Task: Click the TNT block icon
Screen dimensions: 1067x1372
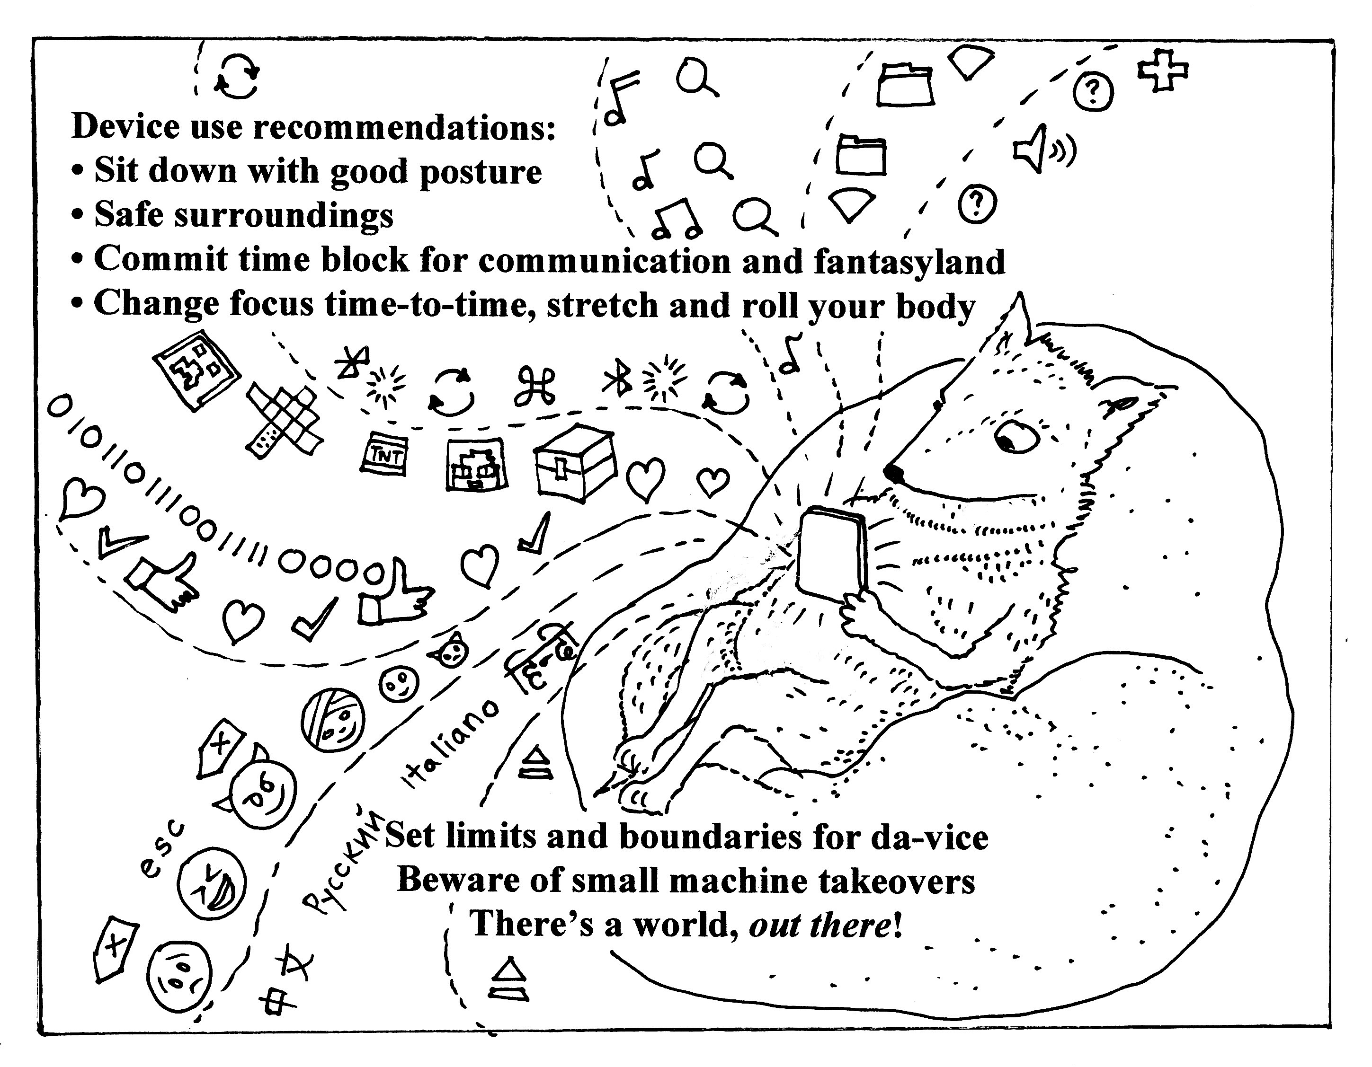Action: click(x=385, y=453)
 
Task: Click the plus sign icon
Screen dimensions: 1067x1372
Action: click(x=1163, y=70)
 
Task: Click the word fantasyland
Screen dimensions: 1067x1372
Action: click(x=909, y=261)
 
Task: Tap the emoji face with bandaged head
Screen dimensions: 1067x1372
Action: click(x=332, y=721)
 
